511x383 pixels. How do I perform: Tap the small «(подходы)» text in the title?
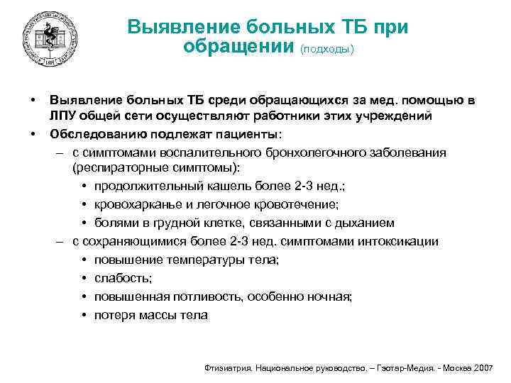click(327, 49)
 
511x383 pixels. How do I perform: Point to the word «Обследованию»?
click(90, 134)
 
